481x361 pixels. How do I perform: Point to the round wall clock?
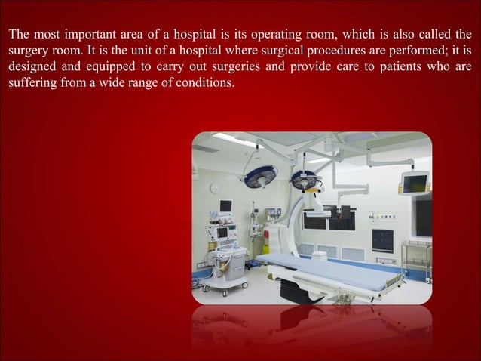214,187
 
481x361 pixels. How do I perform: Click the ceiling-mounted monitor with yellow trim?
414,182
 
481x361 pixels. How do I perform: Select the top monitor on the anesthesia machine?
225,206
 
